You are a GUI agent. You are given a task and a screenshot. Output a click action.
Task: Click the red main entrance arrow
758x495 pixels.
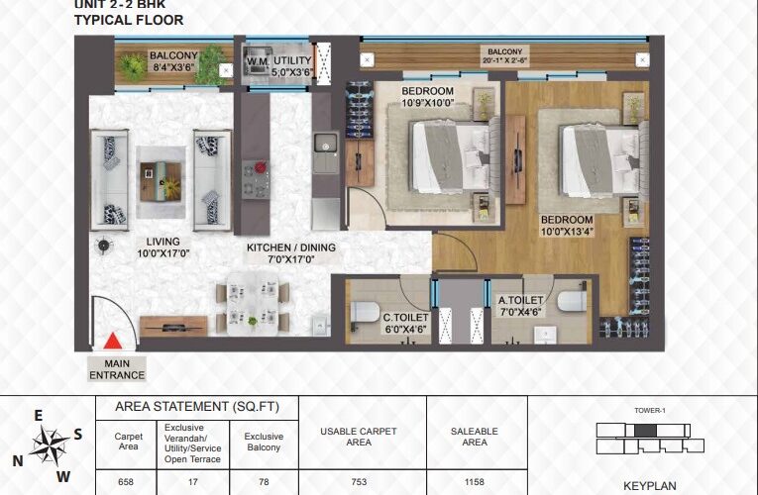click(x=113, y=341)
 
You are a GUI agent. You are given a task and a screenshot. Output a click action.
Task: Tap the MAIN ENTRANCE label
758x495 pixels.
click(x=117, y=369)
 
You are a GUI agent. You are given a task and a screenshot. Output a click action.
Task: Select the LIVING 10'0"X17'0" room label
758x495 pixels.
click(x=162, y=247)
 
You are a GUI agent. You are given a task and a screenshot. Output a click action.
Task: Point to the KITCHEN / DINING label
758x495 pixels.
click(x=291, y=253)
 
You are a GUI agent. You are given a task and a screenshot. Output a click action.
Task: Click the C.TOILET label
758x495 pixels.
click(x=405, y=324)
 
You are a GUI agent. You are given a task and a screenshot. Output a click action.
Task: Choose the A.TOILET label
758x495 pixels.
click(x=520, y=306)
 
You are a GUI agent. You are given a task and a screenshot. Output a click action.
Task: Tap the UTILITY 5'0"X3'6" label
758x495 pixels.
click(x=292, y=66)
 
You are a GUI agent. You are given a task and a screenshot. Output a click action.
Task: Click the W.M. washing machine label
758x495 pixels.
click(x=258, y=62)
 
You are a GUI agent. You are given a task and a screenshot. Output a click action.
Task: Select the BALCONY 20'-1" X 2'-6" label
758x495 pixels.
click(x=505, y=56)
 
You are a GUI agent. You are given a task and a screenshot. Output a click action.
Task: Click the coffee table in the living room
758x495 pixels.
click(x=161, y=182)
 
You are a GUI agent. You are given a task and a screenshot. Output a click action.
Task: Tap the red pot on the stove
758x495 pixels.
click(x=261, y=167)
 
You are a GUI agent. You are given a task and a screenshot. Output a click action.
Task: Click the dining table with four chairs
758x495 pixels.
click(x=253, y=304)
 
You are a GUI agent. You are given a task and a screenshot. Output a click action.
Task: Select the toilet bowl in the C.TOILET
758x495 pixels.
click(x=364, y=312)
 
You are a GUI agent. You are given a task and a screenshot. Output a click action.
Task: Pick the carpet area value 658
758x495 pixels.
click(x=126, y=482)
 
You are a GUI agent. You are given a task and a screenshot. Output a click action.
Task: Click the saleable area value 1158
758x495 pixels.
click(x=475, y=482)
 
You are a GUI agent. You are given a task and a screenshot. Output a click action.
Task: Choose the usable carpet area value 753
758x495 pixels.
click(x=359, y=482)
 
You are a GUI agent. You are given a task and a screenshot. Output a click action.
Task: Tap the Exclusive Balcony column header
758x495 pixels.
click(x=264, y=442)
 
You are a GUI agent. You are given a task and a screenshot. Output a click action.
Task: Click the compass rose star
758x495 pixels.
click(x=49, y=445)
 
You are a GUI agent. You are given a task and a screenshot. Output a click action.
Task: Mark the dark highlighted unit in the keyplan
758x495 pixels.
click(x=645, y=431)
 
